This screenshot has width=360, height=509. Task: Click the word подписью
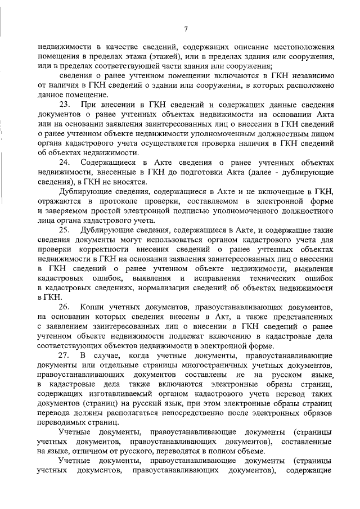point(192,211)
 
